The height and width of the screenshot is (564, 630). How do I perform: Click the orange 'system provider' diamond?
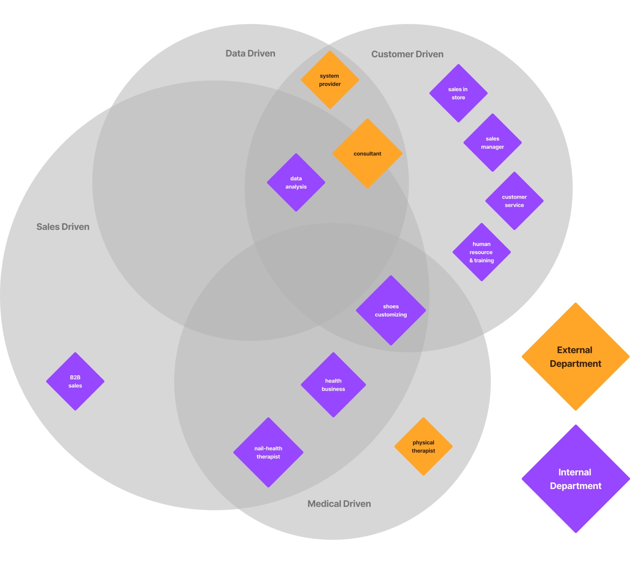click(330, 80)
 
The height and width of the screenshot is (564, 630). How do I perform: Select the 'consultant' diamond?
click(367, 154)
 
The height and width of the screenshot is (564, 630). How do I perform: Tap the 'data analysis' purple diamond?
click(296, 183)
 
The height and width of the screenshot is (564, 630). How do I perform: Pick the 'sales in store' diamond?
click(458, 93)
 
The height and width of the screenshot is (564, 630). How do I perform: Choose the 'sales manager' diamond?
click(492, 143)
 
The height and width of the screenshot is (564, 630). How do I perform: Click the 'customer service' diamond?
click(514, 201)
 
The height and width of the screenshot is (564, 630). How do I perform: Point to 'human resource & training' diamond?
click(482, 252)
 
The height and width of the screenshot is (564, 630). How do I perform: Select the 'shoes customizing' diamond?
click(391, 310)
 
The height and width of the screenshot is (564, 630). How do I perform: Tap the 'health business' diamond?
click(333, 385)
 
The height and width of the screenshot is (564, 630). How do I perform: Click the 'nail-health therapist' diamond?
click(268, 452)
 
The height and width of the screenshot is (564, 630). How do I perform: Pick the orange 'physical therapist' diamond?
click(423, 446)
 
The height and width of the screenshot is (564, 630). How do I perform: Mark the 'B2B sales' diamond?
click(75, 381)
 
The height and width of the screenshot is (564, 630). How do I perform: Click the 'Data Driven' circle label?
click(250, 54)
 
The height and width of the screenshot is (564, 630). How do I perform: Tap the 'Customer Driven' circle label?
click(407, 54)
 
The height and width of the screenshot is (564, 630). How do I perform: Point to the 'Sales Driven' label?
click(63, 227)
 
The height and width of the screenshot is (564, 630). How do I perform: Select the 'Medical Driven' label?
click(339, 504)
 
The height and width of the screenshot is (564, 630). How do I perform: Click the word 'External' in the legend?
click(575, 350)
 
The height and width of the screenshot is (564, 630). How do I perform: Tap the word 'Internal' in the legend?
click(575, 473)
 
